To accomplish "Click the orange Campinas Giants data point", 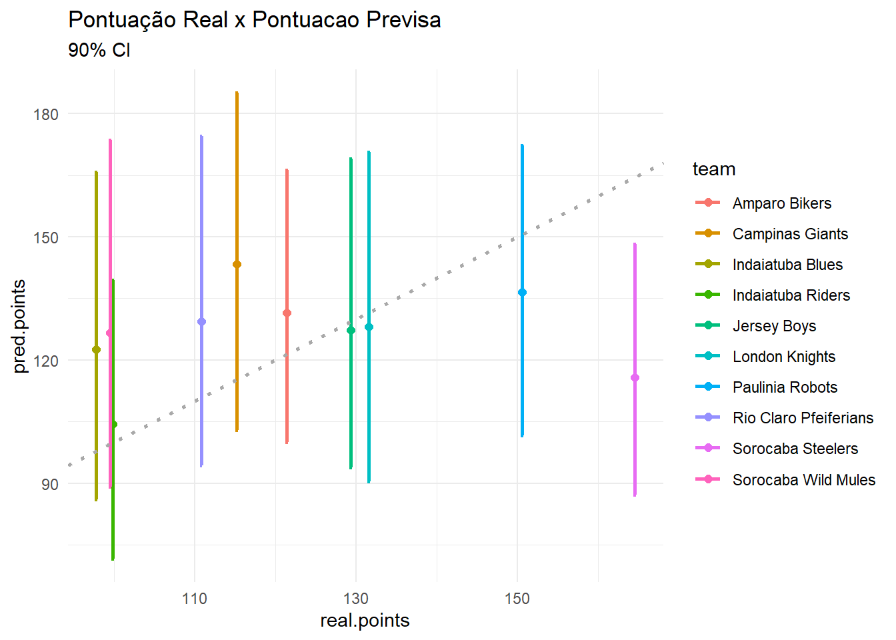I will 237,265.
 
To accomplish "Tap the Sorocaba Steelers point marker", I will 635,378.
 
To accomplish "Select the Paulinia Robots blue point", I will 522,293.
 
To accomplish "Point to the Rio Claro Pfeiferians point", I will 201,322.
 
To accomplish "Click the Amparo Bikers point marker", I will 287,313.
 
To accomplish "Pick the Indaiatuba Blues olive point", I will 96,350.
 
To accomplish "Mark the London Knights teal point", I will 369,327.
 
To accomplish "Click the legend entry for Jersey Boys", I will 774,326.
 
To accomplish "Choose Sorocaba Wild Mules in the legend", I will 803,480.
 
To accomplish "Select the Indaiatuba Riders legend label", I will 791,295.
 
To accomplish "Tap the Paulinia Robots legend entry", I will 785,387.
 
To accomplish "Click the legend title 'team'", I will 713,169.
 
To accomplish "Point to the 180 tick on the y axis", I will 46,115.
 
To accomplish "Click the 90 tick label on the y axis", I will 50,485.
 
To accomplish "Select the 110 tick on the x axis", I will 195,599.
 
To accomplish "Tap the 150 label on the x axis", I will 517,599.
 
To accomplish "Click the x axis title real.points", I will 365,621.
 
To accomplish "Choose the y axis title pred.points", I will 19,327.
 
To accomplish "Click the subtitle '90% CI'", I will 99,51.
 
